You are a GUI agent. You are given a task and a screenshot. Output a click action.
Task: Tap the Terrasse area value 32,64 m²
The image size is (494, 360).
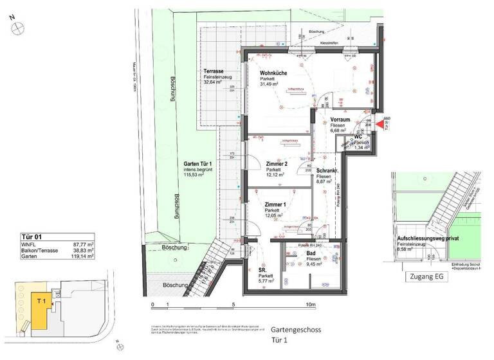tap(213, 82)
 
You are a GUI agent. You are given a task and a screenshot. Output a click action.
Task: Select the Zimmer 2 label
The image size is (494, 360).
tap(277, 164)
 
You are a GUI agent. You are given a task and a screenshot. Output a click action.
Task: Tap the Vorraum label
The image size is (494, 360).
tap(340, 120)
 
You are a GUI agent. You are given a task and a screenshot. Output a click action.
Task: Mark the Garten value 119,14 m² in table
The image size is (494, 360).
tap(82, 255)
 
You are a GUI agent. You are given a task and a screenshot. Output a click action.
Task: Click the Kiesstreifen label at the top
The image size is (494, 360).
tap(330, 43)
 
